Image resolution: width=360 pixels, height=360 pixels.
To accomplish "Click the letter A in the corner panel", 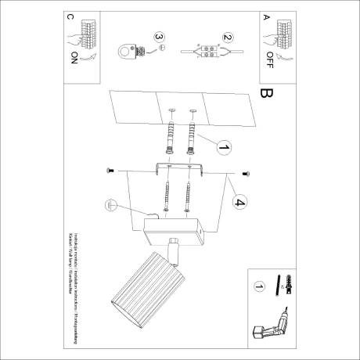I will tap(266, 16).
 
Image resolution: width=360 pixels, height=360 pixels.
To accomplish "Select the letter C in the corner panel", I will tap(72, 16).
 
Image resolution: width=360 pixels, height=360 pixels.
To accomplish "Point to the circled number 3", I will tap(160, 37).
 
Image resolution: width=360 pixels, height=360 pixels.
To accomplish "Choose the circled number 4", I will tap(241, 204).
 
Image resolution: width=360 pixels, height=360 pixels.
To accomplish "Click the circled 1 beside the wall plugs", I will tap(223, 146).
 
